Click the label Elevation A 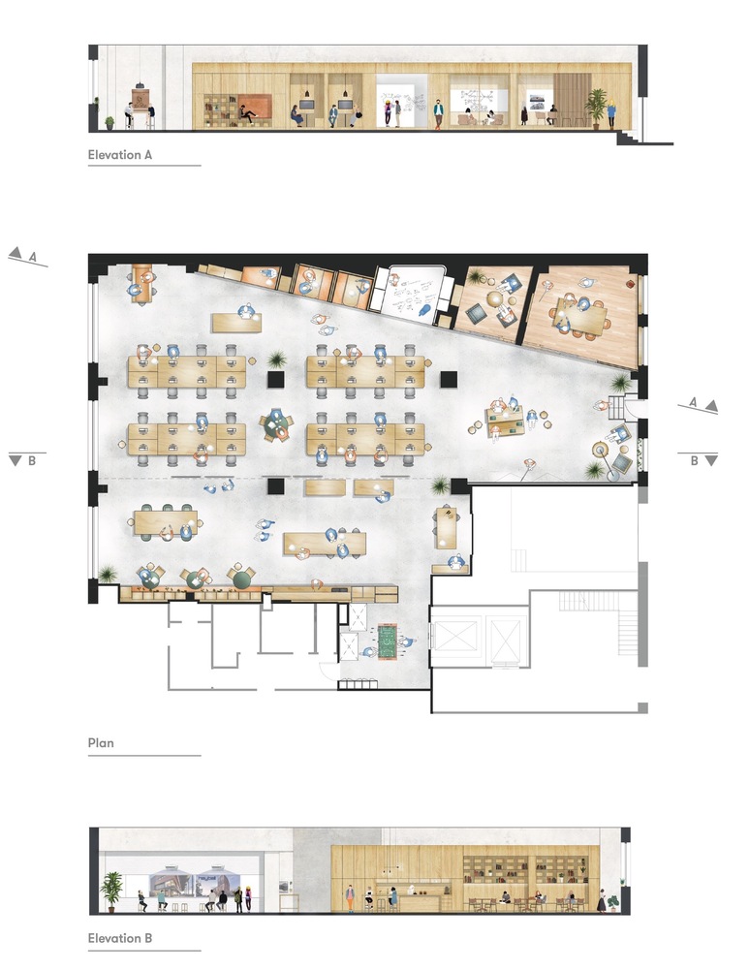(120, 155)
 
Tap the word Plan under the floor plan (101, 743)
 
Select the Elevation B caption (120, 938)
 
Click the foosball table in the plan (388, 641)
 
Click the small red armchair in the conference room (630, 284)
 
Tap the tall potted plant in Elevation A (596, 108)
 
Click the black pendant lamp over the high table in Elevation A (140, 83)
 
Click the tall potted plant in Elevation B (111, 891)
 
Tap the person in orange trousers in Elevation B (350, 898)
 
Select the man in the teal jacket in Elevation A (439, 113)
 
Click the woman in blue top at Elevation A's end (611, 114)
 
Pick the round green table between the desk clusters (274, 424)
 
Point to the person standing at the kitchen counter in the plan (317, 583)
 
